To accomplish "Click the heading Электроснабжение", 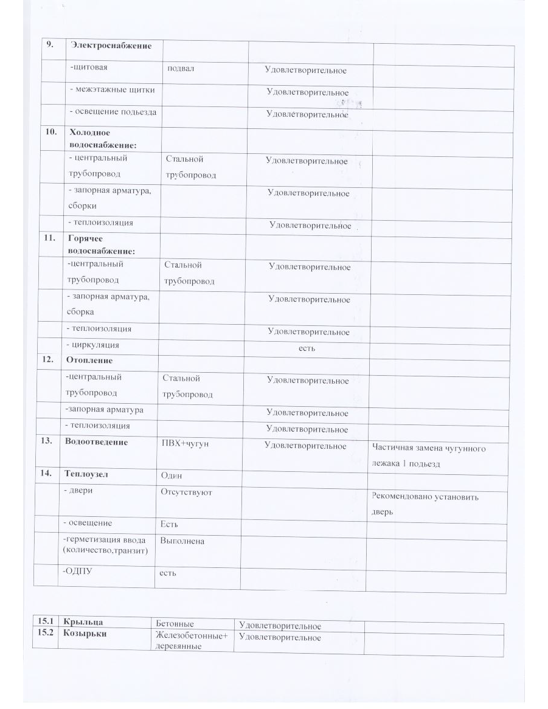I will pos(111,45).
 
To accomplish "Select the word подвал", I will pos(181,68).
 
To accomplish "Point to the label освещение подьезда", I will pos(113,112).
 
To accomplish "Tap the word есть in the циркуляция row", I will pos(307,348).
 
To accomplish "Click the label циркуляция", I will pos(94,345).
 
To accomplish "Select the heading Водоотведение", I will pos(96,442).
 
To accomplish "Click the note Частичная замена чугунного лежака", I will pos(428,456).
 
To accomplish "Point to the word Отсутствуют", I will pos(186,492).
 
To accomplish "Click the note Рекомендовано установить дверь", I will pos(425,504).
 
